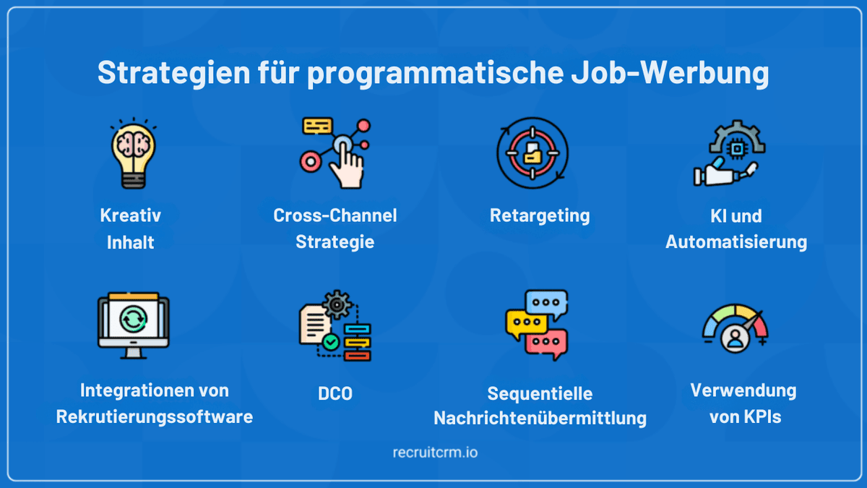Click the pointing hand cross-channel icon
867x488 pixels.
click(335, 153)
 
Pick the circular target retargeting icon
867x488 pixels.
click(532, 153)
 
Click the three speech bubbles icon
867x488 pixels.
click(537, 325)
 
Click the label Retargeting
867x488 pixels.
click(540, 215)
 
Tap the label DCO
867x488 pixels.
click(335, 395)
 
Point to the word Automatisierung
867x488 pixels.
click(736, 242)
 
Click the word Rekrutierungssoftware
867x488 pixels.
click(155, 417)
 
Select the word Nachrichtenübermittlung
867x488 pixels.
click(540, 419)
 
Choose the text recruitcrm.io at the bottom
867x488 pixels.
click(433, 453)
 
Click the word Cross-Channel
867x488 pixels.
click(335, 215)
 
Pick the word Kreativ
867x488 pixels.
click(131, 215)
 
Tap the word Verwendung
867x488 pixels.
click(743, 391)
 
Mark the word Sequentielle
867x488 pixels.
click(540, 394)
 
